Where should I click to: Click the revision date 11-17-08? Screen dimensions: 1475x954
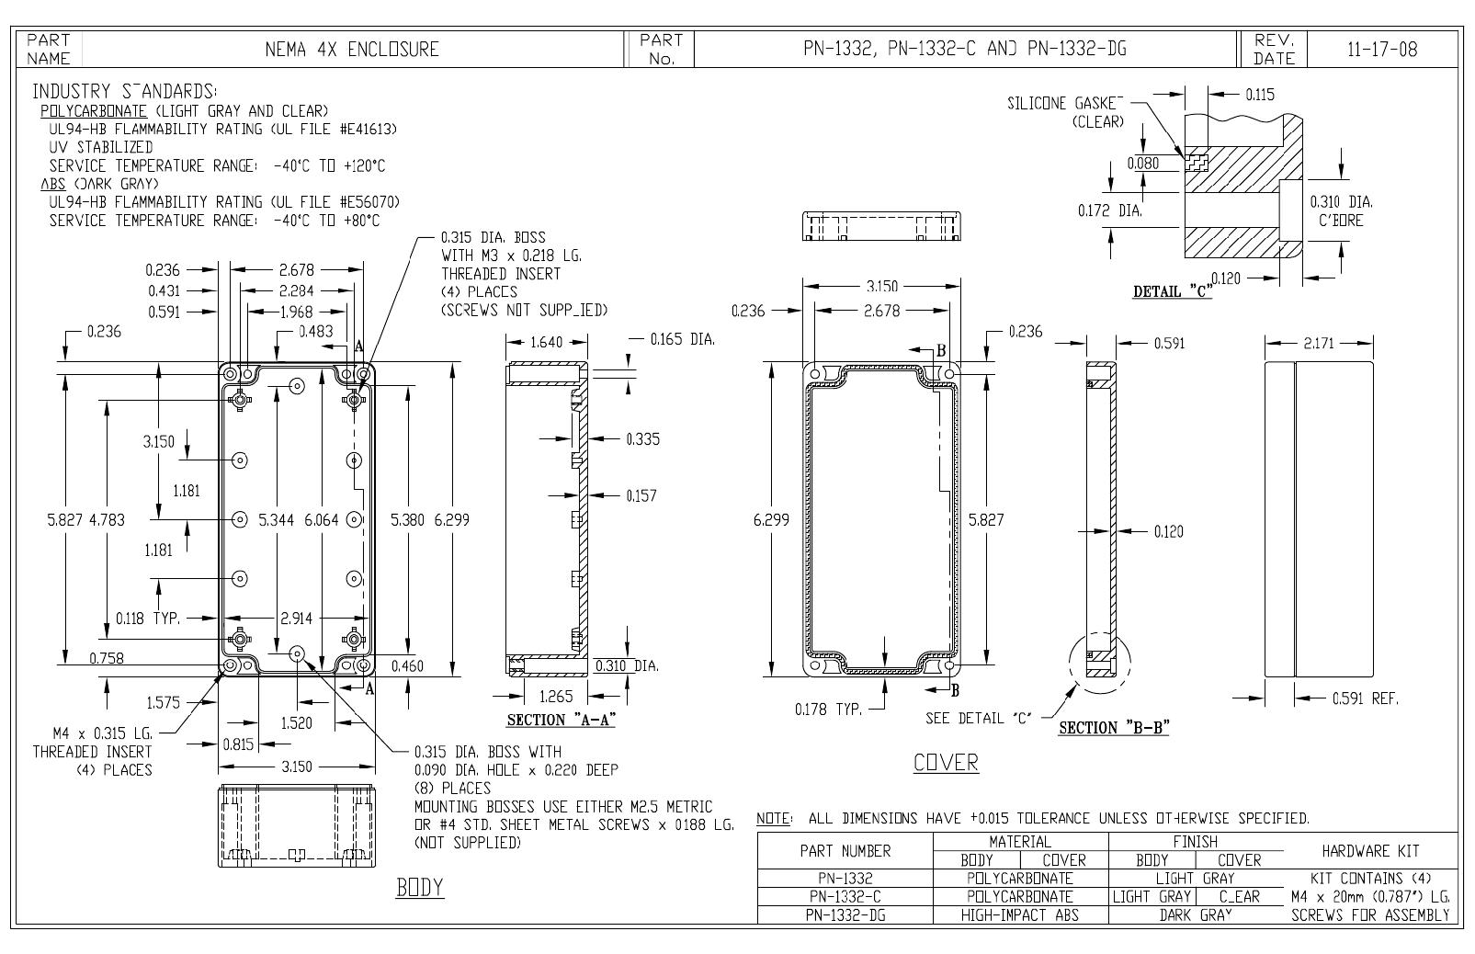[x=1382, y=50]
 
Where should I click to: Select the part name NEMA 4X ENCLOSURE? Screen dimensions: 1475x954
[x=352, y=50]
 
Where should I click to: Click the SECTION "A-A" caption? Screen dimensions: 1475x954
[x=561, y=721]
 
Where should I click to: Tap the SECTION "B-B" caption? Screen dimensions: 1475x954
[x=1114, y=728]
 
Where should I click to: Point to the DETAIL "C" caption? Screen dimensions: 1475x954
[x=1172, y=291]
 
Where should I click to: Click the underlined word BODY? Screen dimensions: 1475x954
[x=419, y=888]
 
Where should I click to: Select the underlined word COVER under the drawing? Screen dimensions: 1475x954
[x=946, y=763]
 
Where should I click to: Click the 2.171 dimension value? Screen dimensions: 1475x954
[x=1318, y=343]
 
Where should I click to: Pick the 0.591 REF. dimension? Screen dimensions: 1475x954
[x=1365, y=698]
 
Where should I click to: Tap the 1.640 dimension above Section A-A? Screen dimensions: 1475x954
[x=547, y=342]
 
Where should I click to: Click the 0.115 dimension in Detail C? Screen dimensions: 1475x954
[x=1260, y=95]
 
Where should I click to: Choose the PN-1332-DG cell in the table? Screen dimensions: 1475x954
[x=845, y=915]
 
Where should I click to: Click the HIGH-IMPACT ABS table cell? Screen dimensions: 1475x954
[x=1020, y=915]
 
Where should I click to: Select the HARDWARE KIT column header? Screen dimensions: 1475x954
[x=1370, y=851]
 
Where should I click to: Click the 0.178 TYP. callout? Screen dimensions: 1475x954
[x=828, y=710]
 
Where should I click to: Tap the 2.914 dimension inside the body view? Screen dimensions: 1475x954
[x=296, y=619]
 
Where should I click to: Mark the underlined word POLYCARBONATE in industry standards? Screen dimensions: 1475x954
[x=94, y=110]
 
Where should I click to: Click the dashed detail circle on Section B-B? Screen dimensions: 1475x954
[x=1100, y=663]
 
